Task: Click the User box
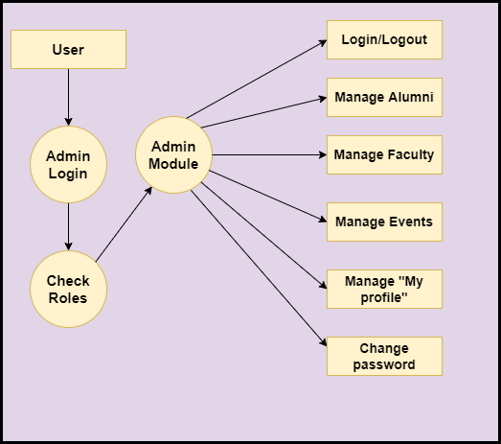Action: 68,49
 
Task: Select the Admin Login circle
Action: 68,164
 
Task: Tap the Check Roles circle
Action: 68,290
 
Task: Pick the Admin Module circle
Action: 173,154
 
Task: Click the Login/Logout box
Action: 384,39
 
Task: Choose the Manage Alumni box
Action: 384,97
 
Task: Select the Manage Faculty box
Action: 384,154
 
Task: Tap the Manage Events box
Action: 384,222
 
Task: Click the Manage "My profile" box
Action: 384,290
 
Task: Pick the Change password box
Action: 384,357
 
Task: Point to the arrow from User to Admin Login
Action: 68,97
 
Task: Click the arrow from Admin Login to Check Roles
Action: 68,227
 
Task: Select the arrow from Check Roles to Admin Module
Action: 124,224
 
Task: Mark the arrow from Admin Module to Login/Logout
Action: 257,79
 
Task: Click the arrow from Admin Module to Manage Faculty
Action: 269,154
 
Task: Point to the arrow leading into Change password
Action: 259,269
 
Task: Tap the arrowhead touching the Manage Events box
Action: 323,220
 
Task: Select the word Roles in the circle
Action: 68,298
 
